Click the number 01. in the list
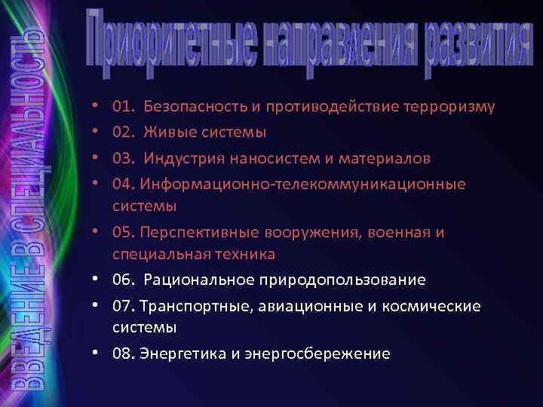click(122, 106)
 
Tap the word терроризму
click(451, 106)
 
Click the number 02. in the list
click(122, 133)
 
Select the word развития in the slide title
click(474, 45)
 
